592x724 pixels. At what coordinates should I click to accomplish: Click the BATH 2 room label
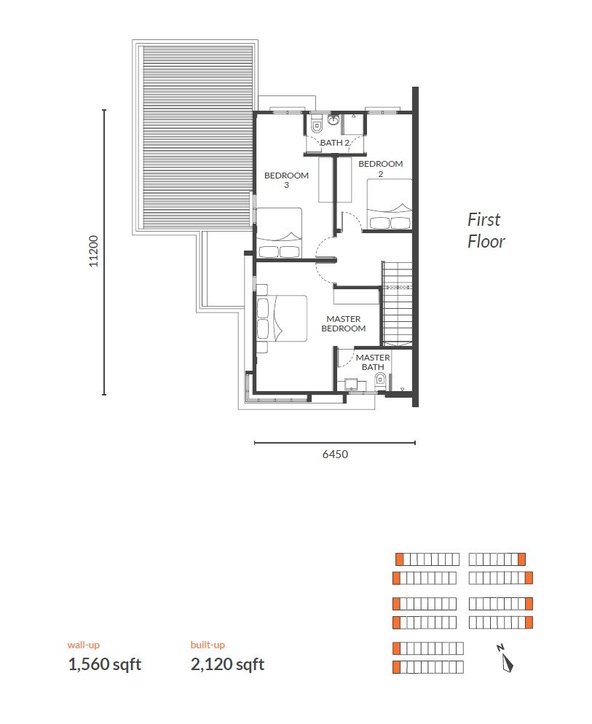point(335,143)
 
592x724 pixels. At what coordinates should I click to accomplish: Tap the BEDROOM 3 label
point(286,180)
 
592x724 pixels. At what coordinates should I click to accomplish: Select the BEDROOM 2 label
point(381,168)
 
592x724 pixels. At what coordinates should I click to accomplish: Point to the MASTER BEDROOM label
point(344,323)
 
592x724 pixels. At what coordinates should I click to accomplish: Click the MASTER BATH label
point(373,362)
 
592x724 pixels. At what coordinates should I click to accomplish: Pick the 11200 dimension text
point(94,251)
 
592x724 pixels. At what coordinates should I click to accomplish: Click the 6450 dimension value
point(335,455)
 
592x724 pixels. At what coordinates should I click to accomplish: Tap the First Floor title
point(486,230)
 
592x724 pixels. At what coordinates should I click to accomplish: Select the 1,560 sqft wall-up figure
point(105,664)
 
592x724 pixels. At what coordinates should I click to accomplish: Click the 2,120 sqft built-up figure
point(228,664)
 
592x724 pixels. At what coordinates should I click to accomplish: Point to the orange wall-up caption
point(84,645)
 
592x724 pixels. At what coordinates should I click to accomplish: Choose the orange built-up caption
point(208,645)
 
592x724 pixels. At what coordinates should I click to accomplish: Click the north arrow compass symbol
point(506,658)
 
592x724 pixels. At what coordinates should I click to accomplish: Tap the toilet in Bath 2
point(317,125)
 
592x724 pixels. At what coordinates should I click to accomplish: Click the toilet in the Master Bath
point(380,380)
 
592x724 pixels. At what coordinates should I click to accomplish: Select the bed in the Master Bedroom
point(282,318)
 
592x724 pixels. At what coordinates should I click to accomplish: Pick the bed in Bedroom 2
point(390,204)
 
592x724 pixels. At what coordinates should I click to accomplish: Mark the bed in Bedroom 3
point(280,233)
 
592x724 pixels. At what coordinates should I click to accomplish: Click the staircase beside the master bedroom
point(397,304)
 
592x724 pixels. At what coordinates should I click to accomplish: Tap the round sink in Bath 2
point(334,120)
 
